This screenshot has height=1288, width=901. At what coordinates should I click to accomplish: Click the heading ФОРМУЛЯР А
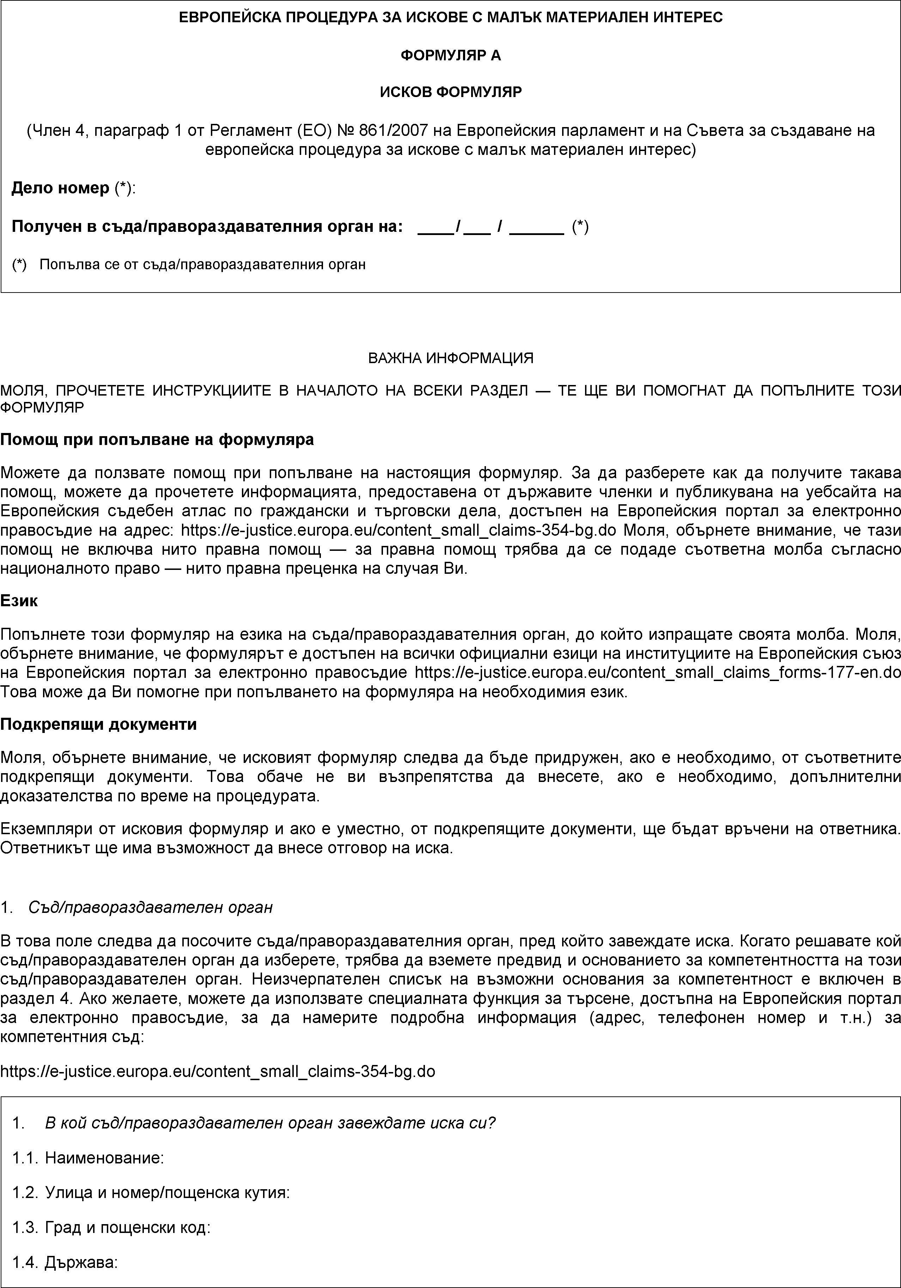pos(450,55)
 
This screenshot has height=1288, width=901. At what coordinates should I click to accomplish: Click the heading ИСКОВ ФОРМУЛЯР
pos(450,91)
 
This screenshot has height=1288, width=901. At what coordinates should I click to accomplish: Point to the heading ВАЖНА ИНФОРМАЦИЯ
pos(450,358)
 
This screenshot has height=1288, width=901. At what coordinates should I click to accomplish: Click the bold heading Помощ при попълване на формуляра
pos(157,439)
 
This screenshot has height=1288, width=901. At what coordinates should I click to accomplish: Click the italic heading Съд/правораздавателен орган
pos(150,907)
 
